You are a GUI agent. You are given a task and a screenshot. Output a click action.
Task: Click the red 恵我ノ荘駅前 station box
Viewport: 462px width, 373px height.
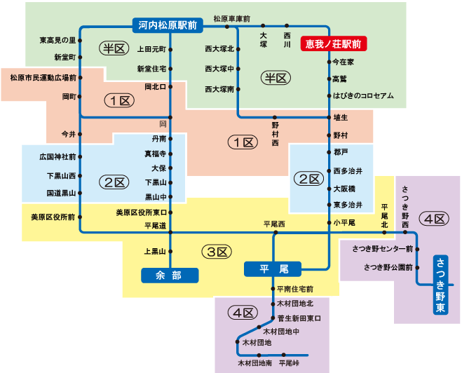click(x=334, y=43)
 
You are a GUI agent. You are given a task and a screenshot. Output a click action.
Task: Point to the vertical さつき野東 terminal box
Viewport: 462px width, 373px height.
click(x=440, y=283)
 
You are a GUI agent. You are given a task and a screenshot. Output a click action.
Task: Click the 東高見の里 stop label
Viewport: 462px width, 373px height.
click(x=57, y=41)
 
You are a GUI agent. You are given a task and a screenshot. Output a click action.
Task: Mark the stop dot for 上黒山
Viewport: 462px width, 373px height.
click(x=171, y=251)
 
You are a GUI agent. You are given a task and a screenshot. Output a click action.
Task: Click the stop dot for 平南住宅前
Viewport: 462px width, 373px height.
click(x=273, y=289)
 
